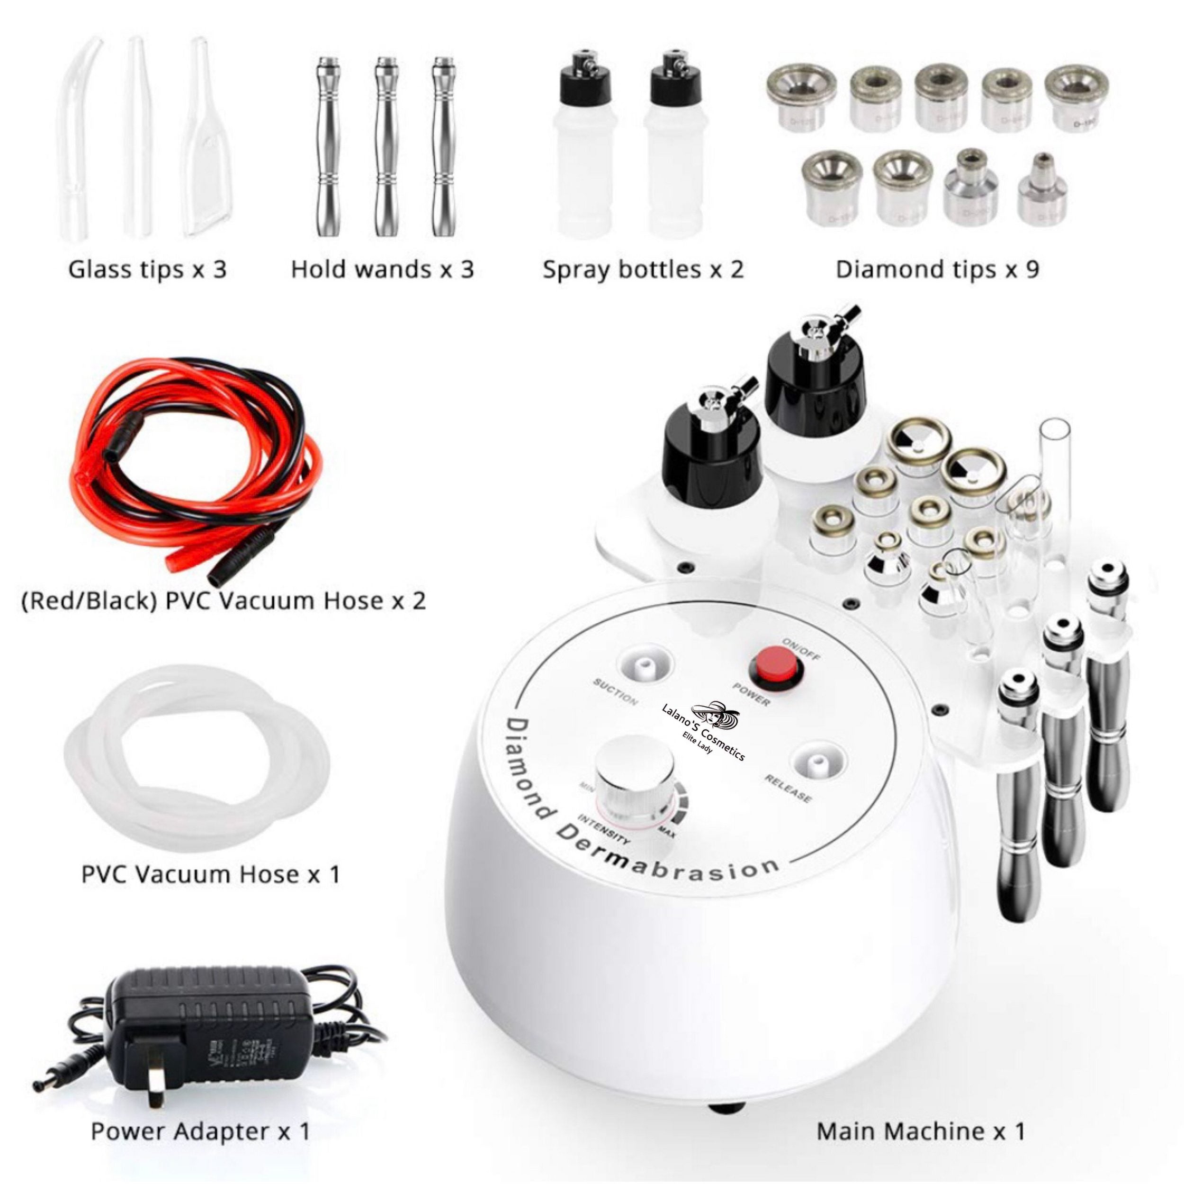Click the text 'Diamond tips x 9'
[x=937, y=269]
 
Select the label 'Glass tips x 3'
[x=147, y=269]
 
